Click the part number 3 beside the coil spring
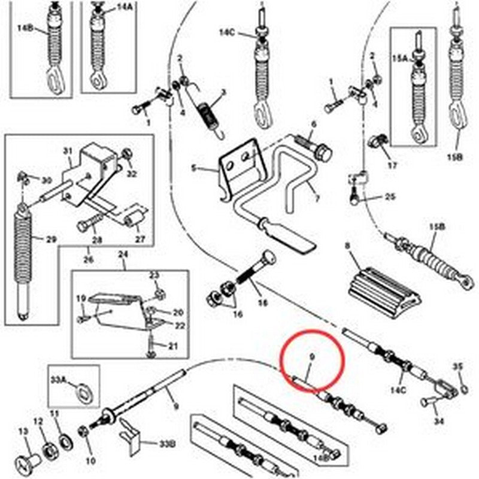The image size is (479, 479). (x=223, y=93)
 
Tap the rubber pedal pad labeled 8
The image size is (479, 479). (x=378, y=287)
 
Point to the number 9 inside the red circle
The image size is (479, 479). (x=311, y=359)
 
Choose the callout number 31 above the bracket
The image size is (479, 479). (x=67, y=150)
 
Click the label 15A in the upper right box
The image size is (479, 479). (x=399, y=59)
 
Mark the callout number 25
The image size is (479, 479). (x=390, y=196)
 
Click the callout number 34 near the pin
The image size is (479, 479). (x=439, y=422)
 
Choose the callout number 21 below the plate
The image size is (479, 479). (x=173, y=345)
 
